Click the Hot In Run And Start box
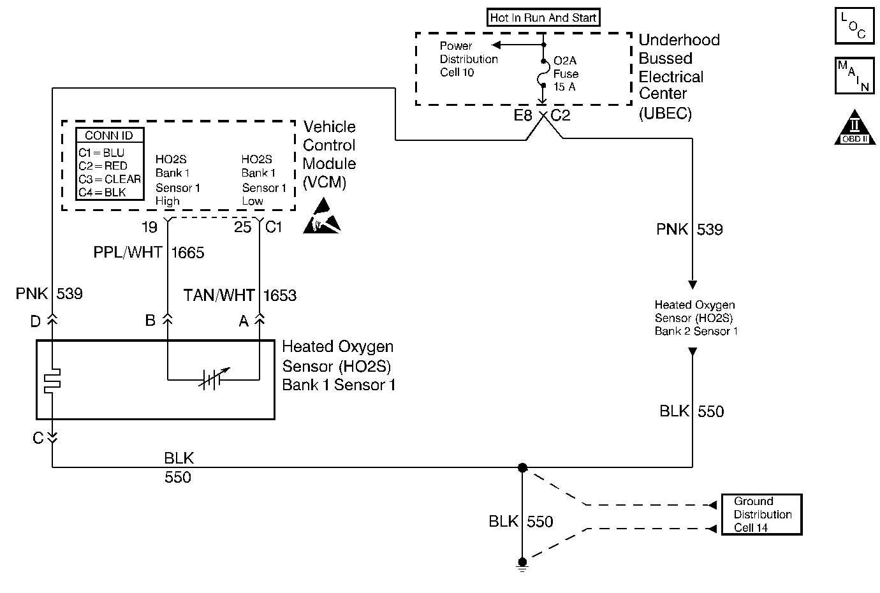543,18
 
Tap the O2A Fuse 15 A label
565,74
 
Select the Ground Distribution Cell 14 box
761,515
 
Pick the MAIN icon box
854,76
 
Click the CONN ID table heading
109,135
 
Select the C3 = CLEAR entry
110,179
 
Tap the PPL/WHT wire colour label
128,253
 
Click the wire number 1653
280,295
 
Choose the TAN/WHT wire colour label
219,295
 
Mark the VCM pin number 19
149,228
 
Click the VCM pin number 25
242,228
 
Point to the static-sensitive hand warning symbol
321,216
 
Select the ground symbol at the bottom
522,564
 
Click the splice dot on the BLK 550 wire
522,467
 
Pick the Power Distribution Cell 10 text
468,59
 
